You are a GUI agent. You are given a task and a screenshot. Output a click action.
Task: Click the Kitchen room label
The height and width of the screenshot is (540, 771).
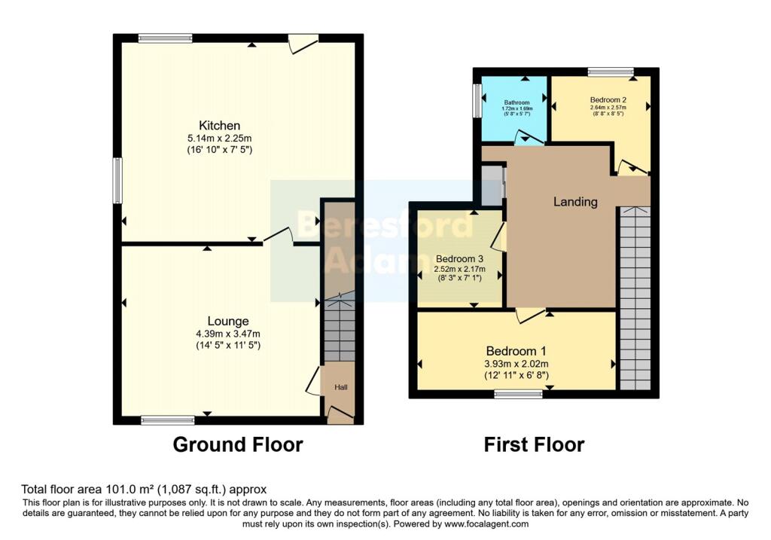(x=219, y=125)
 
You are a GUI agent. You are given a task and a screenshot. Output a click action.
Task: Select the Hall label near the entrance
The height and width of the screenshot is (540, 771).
(x=341, y=387)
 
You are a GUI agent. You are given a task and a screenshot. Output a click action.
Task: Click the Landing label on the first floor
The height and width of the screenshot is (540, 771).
(x=575, y=202)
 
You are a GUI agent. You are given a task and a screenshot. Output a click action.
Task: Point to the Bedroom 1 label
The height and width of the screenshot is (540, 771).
(x=516, y=351)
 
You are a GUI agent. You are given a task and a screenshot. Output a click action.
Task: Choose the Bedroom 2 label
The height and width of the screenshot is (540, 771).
(x=608, y=99)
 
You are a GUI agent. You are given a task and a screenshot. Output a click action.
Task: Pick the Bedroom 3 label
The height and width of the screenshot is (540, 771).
(x=459, y=258)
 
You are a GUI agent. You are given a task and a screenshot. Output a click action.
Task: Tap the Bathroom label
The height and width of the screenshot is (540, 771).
(x=517, y=102)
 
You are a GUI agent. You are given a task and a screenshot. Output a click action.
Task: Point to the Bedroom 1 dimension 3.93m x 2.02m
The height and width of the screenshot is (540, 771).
(x=516, y=364)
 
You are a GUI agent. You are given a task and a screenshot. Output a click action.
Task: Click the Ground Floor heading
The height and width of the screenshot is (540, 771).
(x=238, y=444)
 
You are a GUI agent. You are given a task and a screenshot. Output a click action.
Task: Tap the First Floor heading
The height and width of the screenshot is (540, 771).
(x=534, y=444)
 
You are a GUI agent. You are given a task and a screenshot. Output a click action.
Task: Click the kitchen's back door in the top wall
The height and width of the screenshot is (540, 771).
(x=303, y=43)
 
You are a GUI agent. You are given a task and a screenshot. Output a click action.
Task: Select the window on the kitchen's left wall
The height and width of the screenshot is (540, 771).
(x=117, y=180)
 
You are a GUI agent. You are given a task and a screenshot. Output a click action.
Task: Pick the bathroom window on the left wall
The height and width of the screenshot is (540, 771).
(x=477, y=100)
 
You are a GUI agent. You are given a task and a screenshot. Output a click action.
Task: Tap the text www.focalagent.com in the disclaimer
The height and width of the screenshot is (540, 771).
(x=486, y=524)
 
